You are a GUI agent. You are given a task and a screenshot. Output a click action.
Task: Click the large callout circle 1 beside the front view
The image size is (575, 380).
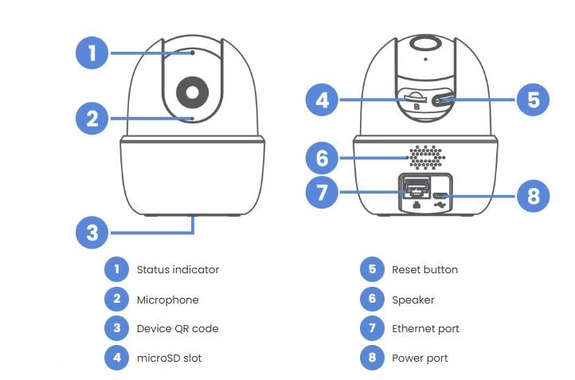[x=92, y=53]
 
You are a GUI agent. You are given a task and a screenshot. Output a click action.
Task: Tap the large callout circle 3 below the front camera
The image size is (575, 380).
[x=92, y=233]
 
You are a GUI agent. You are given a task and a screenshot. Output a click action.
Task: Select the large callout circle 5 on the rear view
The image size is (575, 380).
[x=533, y=100]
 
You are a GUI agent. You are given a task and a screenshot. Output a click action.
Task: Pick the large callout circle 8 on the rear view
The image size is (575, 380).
[x=533, y=196]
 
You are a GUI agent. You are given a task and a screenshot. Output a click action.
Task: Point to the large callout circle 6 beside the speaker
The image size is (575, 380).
[x=322, y=158]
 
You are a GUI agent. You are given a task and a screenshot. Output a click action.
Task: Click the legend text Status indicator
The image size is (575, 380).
[x=178, y=269]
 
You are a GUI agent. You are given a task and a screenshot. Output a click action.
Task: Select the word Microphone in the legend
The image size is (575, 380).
[x=167, y=300]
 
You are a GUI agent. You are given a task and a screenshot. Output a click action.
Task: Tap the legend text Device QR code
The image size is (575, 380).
[x=177, y=328]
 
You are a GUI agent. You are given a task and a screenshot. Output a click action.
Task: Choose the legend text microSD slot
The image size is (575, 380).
[x=169, y=358]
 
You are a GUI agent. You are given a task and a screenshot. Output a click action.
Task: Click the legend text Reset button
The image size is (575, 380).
[x=424, y=269]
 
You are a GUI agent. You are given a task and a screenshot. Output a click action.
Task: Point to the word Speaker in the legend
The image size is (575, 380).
[x=413, y=300]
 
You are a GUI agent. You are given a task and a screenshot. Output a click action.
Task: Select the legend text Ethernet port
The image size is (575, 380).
[x=425, y=328]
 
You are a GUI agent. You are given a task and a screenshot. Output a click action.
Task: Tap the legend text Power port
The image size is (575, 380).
[x=420, y=358]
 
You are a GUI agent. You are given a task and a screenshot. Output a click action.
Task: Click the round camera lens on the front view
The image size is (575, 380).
[x=192, y=92]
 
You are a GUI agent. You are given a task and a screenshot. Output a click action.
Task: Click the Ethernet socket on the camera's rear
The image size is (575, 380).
[x=415, y=187]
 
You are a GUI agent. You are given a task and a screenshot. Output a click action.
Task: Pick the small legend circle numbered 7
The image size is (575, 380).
[x=371, y=328]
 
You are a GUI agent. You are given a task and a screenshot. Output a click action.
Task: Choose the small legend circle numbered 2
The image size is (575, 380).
[x=116, y=300]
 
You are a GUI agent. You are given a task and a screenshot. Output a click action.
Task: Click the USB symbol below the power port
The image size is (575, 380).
[x=441, y=204]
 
